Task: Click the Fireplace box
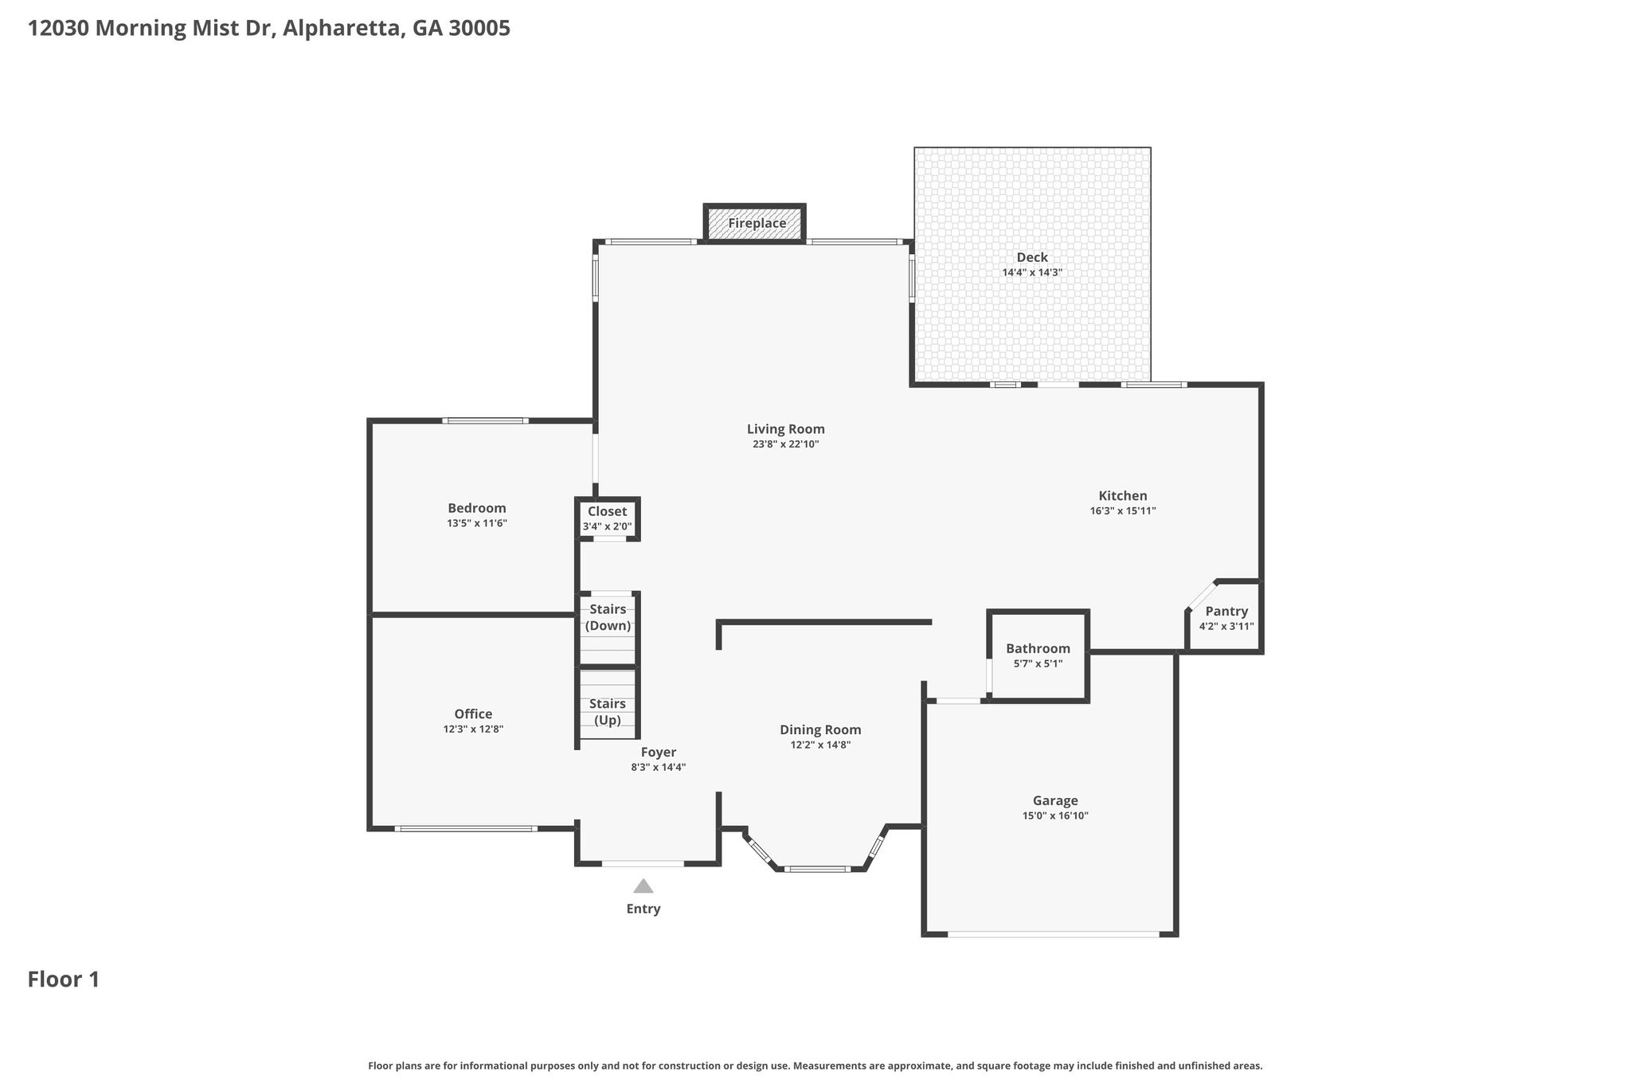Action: pyautogui.click(x=755, y=223)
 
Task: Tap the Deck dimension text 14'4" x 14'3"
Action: pyautogui.click(x=1032, y=272)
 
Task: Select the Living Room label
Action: pyautogui.click(x=785, y=429)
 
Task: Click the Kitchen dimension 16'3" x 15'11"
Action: pyautogui.click(x=1123, y=511)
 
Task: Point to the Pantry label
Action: pyautogui.click(x=1226, y=611)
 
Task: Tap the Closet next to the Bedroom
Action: pyautogui.click(x=608, y=518)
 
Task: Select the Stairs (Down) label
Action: pyautogui.click(x=608, y=617)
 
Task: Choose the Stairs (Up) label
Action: pyautogui.click(x=608, y=712)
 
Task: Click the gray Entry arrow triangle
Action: pyautogui.click(x=643, y=886)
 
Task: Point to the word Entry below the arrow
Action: pyautogui.click(x=643, y=909)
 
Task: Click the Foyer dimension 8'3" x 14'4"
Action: pyautogui.click(x=659, y=768)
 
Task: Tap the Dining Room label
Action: pyautogui.click(x=820, y=729)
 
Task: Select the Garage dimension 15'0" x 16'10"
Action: pyautogui.click(x=1055, y=815)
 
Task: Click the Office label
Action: pyautogui.click(x=473, y=714)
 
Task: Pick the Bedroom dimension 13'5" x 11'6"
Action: pyautogui.click(x=477, y=523)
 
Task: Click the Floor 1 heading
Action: pyautogui.click(x=64, y=979)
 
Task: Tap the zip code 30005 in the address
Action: pyautogui.click(x=479, y=29)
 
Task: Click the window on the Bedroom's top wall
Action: pyautogui.click(x=486, y=420)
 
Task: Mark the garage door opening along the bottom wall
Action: pyautogui.click(x=1053, y=934)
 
